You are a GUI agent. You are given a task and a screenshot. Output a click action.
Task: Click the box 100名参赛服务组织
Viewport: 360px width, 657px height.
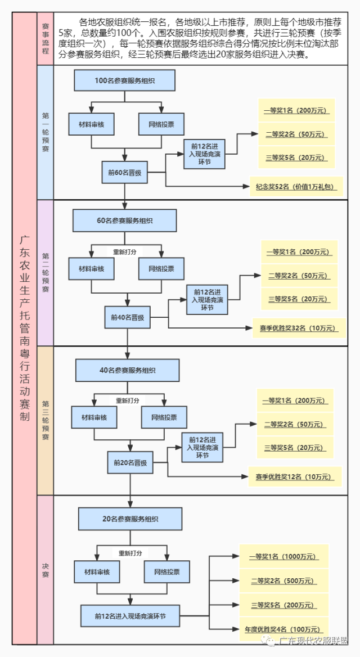click(x=124, y=80)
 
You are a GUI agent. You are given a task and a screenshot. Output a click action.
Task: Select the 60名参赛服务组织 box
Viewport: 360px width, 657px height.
click(x=124, y=220)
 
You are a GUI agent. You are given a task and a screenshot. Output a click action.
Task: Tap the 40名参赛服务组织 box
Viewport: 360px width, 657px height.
click(x=127, y=370)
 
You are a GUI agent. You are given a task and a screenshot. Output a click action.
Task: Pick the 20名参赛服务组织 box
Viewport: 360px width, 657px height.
click(x=130, y=519)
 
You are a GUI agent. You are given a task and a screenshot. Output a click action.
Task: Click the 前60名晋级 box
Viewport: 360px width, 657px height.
click(x=124, y=173)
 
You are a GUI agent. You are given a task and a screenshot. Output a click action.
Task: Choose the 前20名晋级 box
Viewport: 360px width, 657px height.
click(x=130, y=462)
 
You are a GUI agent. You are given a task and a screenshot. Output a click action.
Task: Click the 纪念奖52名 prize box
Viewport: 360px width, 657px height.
click(x=296, y=187)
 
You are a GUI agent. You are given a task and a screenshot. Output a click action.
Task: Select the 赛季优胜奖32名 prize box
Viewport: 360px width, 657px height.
click(x=297, y=328)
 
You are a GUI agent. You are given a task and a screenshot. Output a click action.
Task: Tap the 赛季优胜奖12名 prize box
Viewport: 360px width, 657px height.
click(x=295, y=477)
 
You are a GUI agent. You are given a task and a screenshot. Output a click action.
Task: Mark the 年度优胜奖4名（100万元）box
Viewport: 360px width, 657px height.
click(x=283, y=629)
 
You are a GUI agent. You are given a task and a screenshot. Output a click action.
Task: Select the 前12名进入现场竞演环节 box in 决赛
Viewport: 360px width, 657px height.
click(x=130, y=616)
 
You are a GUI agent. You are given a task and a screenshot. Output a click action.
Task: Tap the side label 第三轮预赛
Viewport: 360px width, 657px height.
click(x=46, y=420)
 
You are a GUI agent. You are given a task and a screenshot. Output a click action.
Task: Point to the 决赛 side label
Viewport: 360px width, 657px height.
click(x=46, y=570)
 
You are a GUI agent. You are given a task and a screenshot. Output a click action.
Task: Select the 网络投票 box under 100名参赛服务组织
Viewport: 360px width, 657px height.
click(x=161, y=124)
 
